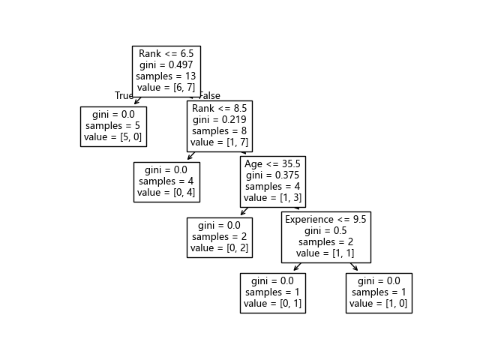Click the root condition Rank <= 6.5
coord(166,53)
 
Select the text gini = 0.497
coord(166,65)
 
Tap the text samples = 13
coord(166,77)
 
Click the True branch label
coord(124,95)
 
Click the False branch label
coord(209,95)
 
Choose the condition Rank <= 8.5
coord(219,108)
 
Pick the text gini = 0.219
coord(219,120)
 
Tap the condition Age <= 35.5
coord(272,163)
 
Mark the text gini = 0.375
coord(272,175)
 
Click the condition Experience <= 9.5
coord(325,219)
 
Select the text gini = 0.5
coord(325,231)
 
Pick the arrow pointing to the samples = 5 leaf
coord(138,101)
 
